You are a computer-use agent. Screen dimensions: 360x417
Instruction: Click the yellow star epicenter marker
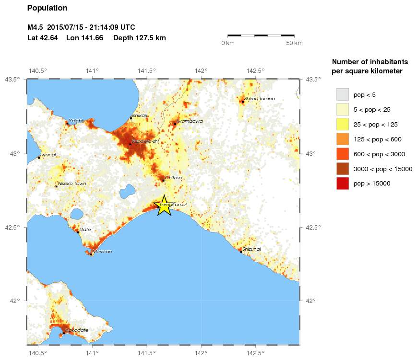[164, 206]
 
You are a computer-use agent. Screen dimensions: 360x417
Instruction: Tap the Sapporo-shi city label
[145, 141]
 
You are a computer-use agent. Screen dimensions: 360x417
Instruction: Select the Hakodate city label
[77, 330]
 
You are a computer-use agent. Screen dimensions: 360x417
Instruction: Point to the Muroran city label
[102, 251]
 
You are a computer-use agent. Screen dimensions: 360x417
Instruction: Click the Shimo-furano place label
[260, 98]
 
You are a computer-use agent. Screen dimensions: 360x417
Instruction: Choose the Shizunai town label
[251, 249]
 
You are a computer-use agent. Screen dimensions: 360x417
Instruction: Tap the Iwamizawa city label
[190, 121]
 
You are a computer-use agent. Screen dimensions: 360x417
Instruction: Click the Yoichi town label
[76, 120]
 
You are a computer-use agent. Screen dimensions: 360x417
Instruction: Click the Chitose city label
[173, 177]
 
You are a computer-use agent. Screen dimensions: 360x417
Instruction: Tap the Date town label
[85, 230]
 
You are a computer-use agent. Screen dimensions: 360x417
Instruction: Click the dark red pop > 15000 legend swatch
[342, 183]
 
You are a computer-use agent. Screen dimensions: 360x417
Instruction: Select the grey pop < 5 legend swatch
[342, 94]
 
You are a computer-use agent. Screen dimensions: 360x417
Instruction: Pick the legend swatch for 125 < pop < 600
[342, 139]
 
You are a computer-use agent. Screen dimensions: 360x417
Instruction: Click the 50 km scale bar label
[294, 44]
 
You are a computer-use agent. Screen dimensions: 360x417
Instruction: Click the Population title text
[47, 8]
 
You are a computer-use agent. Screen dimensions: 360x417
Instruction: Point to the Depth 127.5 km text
[140, 38]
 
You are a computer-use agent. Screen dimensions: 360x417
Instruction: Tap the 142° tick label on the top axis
[201, 71]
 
